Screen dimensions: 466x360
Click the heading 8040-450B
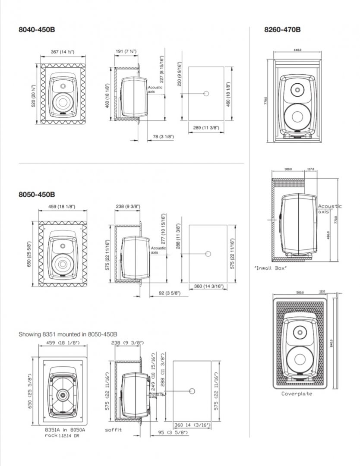[x=37, y=30]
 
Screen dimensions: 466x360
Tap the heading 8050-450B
[x=37, y=195]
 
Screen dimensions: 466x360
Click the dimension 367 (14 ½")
[x=63, y=52]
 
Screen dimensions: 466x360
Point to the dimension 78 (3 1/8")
[x=164, y=136]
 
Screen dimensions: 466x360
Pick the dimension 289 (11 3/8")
[x=207, y=128]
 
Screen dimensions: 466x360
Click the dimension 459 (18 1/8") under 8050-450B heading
[x=63, y=207]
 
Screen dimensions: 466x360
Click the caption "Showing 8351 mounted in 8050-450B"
[x=68, y=334]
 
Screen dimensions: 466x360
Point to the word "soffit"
[x=114, y=430]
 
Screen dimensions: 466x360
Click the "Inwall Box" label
[x=271, y=268]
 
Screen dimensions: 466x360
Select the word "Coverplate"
[x=297, y=394]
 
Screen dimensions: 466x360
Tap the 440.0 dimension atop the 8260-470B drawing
[x=297, y=50]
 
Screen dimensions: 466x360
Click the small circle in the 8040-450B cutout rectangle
[x=206, y=94]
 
